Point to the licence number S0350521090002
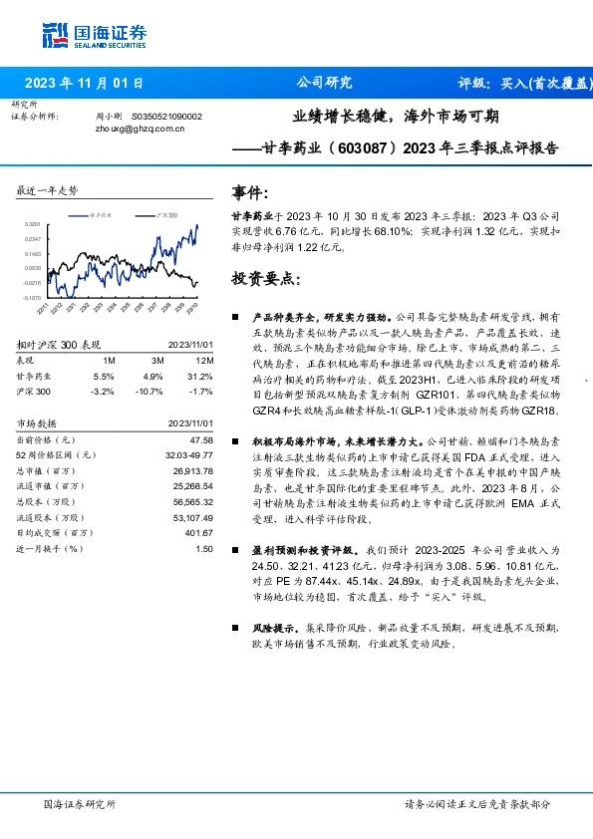(166, 117)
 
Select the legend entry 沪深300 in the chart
(167, 214)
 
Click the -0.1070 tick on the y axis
(32, 297)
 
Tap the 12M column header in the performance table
(205, 359)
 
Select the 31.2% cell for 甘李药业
(203, 377)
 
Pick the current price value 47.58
(203, 439)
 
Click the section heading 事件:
(250, 191)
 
